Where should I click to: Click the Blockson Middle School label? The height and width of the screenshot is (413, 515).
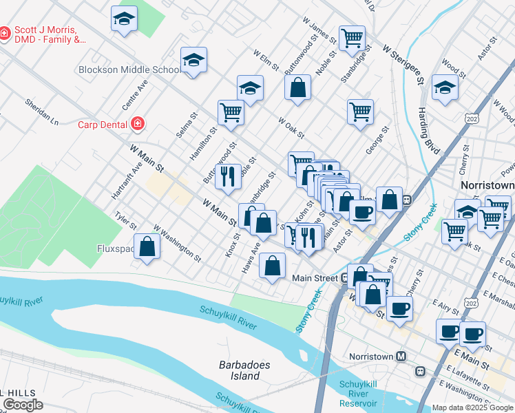coord(129,70)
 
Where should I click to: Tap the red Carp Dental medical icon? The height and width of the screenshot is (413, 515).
coord(138,124)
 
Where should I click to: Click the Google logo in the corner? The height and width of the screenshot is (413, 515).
coord(23,405)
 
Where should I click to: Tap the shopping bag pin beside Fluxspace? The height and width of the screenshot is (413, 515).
coord(147,246)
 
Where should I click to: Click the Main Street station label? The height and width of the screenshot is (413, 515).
coord(315,278)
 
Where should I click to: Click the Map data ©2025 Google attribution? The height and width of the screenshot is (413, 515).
coord(472,407)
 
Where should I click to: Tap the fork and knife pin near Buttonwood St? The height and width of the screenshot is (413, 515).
coord(228,176)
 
